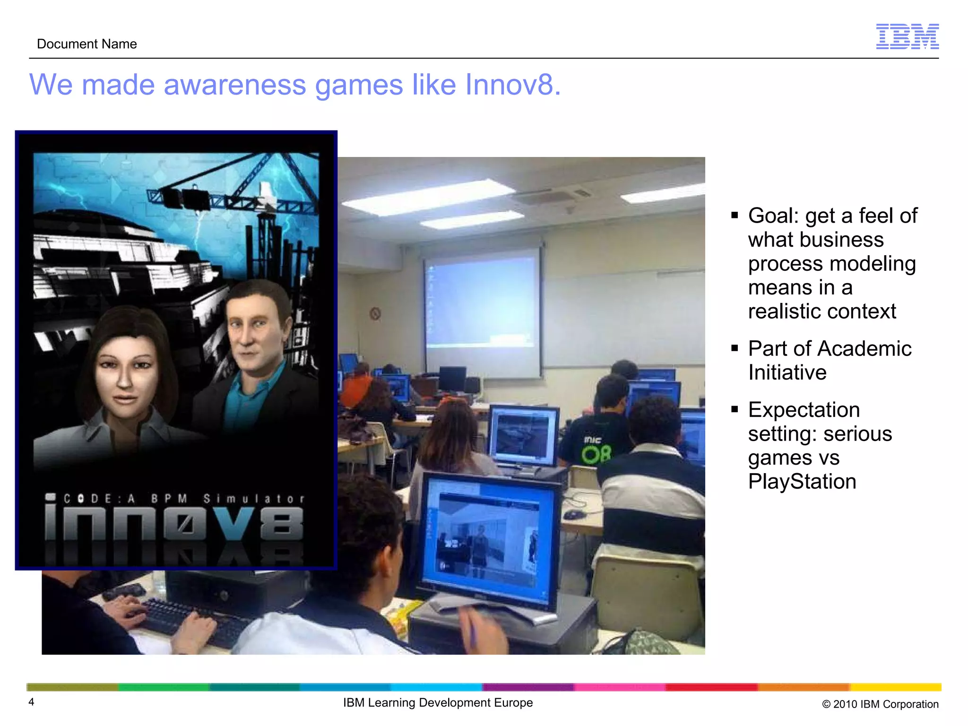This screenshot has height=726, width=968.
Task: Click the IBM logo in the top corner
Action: (907, 36)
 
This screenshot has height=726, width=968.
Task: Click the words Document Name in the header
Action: (87, 44)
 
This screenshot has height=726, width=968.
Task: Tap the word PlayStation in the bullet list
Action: (802, 482)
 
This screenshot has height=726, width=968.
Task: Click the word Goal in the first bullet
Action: (773, 216)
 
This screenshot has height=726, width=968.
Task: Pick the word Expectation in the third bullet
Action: (804, 410)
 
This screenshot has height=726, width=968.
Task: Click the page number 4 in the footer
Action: (31, 702)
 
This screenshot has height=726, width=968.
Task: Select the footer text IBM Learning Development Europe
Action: (438, 703)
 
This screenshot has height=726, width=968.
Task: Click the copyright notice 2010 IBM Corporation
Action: (880, 704)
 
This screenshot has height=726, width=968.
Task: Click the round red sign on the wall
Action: (375, 313)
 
